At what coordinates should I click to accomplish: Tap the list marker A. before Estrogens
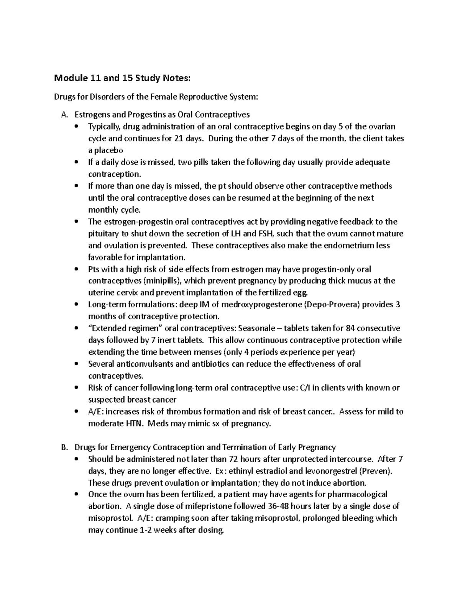(64, 115)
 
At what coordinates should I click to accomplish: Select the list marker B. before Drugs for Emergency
(64, 447)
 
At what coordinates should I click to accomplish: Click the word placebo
(105, 151)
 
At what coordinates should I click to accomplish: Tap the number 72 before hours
(233, 459)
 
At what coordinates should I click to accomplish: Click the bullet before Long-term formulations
(77, 305)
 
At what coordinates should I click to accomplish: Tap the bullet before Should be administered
(77, 459)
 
